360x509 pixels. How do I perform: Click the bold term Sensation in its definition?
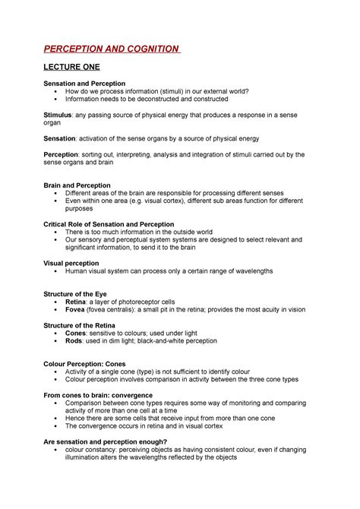(x=62, y=138)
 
